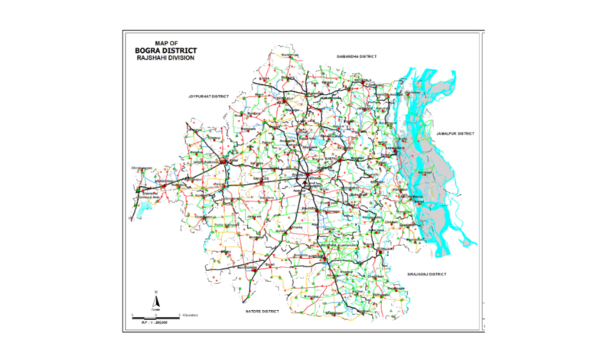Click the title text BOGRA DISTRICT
[164, 50]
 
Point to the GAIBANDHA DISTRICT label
[357, 57]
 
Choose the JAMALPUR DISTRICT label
[455, 133]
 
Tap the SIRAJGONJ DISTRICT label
[426, 273]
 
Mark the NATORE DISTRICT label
[262, 312]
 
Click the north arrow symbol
[155, 303]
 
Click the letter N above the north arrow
[155, 293]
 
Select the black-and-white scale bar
[156, 316]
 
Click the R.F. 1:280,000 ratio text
[154, 323]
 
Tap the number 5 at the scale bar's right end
[180, 313]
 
